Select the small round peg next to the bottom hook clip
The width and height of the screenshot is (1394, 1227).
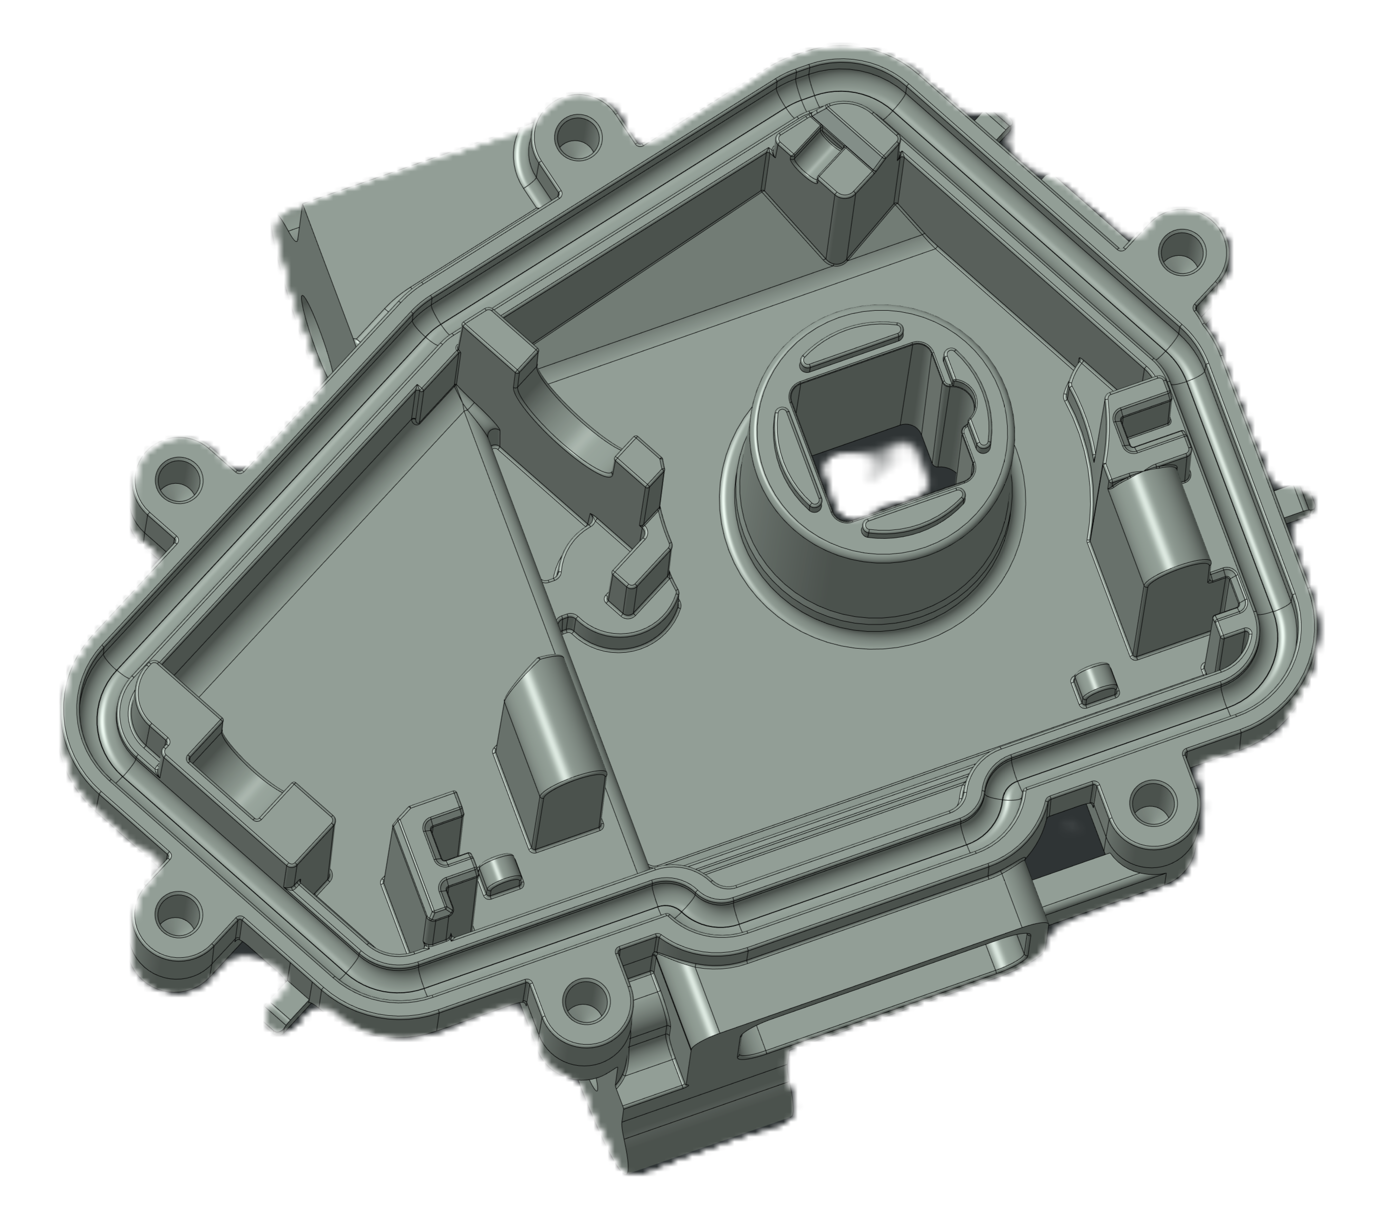pyautogui.click(x=503, y=876)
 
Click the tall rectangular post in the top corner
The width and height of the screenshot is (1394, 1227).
pyautogui.click(x=846, y=198)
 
